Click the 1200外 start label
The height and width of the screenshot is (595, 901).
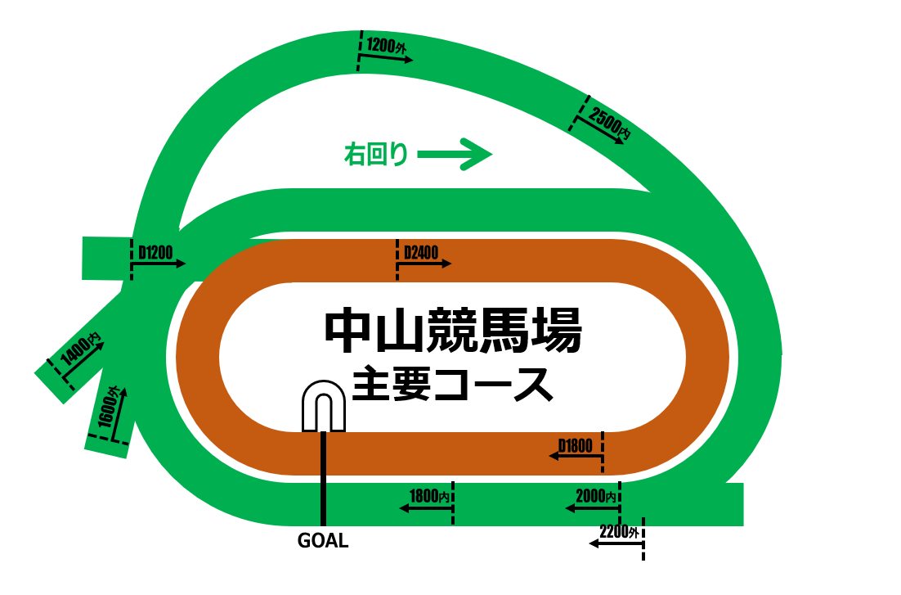(x=387, y=46)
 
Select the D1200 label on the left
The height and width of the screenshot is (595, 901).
(x=155, y=253)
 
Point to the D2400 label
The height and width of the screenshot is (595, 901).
(x=421, y=253)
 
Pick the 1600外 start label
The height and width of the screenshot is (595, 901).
(x=109, y=407)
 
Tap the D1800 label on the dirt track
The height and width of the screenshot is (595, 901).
(x=575, y=446)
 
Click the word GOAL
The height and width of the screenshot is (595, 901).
(x=323, y=541)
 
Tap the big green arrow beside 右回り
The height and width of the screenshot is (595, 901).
(x=455, y=153)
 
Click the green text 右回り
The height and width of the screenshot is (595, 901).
(x=375, y=154)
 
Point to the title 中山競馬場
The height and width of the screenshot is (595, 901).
(x=452, y=331)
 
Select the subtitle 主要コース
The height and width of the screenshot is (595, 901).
(x=452, y=383)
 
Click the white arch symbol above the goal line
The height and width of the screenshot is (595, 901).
(x=325, y=407)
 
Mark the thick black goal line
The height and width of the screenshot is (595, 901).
(x=324, y=479)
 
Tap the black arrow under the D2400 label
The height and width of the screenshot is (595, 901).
(x=425, y=264)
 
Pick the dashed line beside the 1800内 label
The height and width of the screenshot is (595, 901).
(x=452, y=503)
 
